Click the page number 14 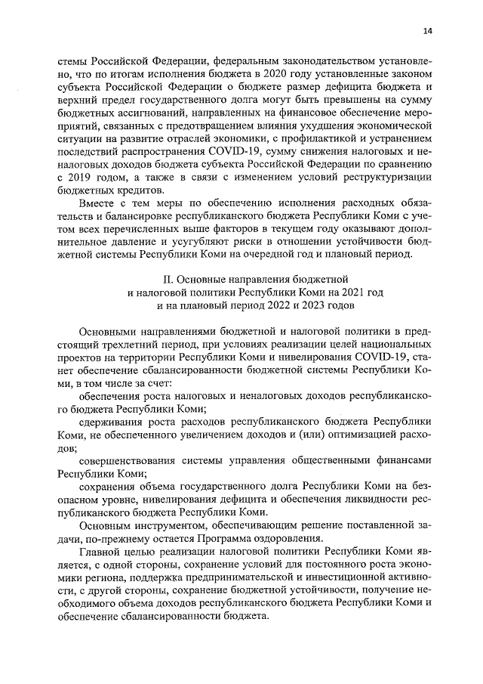pyautogui.click(x=428, y=31)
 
